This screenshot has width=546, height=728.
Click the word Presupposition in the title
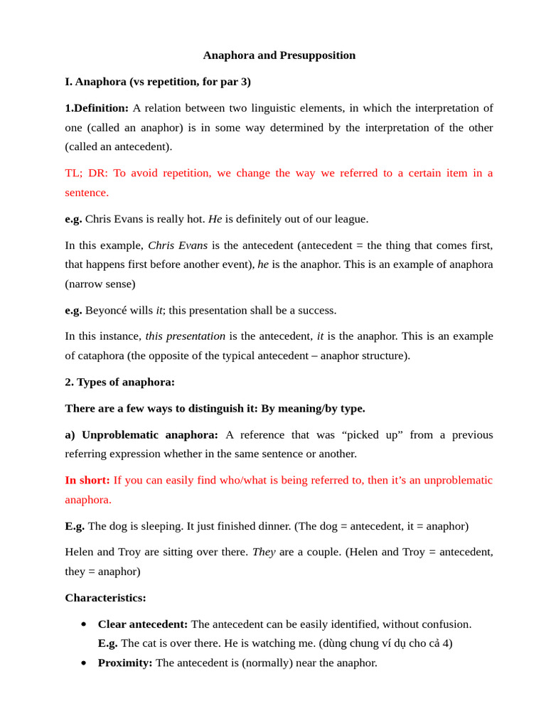[x=317, y=55]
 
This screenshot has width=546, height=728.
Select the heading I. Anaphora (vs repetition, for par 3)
[x=158, y=82]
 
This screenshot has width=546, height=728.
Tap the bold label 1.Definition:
[x=97, y=108]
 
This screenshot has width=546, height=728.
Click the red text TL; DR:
[x=87, y=173]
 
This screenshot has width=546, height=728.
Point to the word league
[x=348, y=219]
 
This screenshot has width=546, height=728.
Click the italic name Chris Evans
[x=178, y=245]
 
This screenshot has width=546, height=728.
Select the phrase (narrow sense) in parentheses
[x=100, y=284]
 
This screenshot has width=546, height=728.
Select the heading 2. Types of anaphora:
[x=119, y=382]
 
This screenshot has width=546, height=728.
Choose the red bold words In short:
[x=87, y=480]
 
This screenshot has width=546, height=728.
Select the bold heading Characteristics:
[x=105, y=598]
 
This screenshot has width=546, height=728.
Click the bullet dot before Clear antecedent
[x=84, y=624]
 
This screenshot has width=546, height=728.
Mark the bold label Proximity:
[x=125, y=663]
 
